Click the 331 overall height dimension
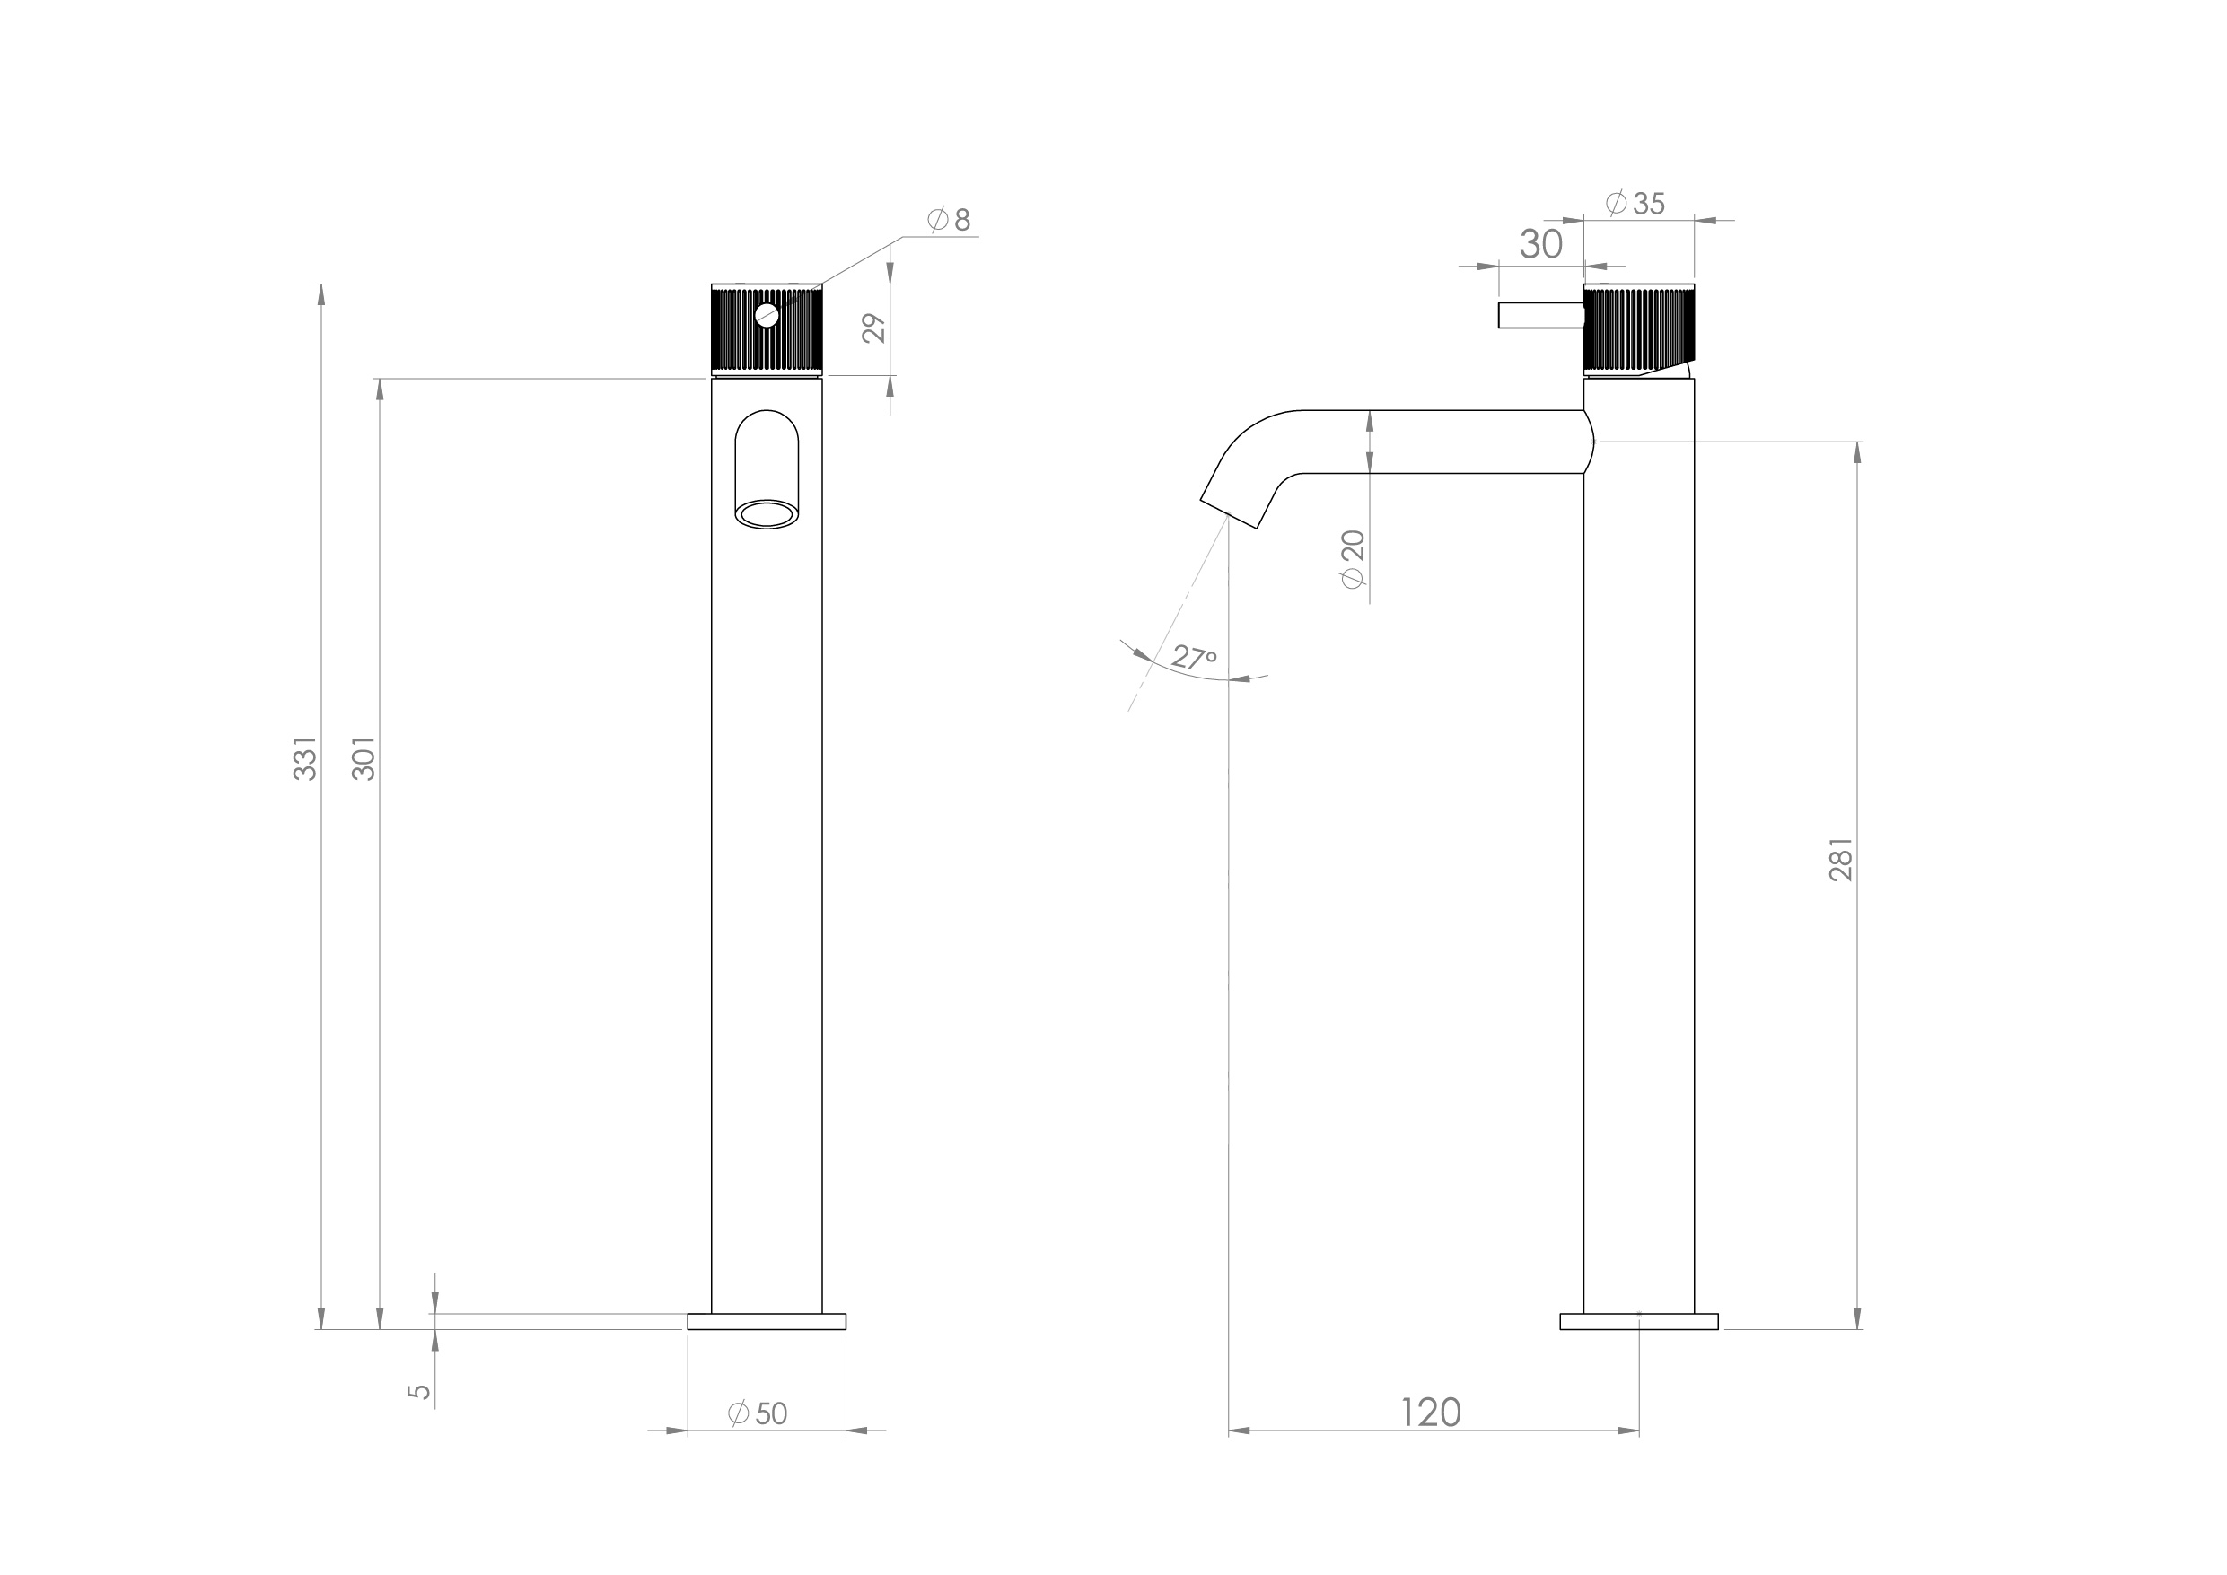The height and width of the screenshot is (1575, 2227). click(305, 758)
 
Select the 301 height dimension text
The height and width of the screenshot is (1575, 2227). click(364, 758)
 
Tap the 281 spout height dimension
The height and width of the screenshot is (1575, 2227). click(1841, 859)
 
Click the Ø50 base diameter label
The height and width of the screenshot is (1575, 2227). click(758, 1414)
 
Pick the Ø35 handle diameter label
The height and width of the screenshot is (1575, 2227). click(1635, 204)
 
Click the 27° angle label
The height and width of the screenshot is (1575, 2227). click(1193, 658)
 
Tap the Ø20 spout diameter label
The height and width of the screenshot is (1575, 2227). click(1353, 558)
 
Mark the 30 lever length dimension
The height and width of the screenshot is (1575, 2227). click(1540, 244)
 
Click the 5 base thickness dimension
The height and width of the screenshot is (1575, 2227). click(419, 1391)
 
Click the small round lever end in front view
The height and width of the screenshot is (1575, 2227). click(767, 315)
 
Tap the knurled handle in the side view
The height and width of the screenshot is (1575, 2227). click(1639, 329)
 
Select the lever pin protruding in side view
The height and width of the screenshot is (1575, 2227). click(1540, 315)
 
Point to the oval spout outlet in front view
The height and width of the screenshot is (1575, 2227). click(767, 514)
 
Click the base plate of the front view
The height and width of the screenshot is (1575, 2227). click(767, 1321)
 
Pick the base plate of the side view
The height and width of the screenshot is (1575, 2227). click(1638, 1321)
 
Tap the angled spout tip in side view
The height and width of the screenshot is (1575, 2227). click(1230, 512)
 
